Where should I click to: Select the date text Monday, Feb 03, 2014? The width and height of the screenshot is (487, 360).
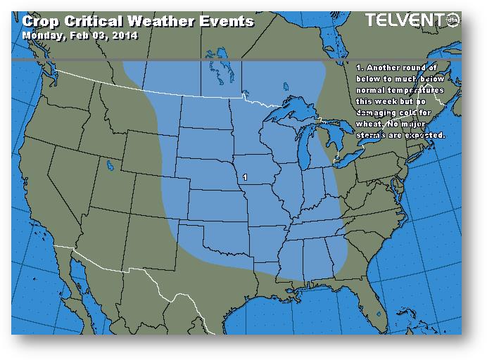pos(80,35)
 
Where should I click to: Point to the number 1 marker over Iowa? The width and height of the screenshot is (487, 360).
pos(244,177)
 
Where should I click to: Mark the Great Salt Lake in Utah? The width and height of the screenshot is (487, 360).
pos(110,167)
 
